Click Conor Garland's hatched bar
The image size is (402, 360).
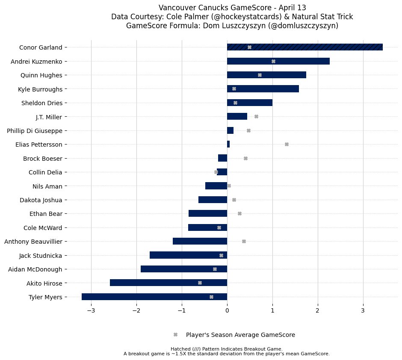pos(304,47)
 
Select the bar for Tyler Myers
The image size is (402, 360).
pos(154,297)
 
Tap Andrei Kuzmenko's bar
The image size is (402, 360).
pos(278,61)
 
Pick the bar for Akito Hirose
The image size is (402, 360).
pos(168,283)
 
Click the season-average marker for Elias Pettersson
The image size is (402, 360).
pos(287,144)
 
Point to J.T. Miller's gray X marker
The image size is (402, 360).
pos(256,116)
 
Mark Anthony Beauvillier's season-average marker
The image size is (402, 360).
pos(244,241)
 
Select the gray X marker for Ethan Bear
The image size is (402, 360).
pos(239,213)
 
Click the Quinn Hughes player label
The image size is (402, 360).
pos(41,75)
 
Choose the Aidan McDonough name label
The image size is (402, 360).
pos(35,269)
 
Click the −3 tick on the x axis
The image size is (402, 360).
pos(91,310)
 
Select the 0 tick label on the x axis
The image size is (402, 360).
pos(227,310)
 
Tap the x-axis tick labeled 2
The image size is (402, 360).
pos(318,310)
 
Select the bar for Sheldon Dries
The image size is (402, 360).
pos(250,103)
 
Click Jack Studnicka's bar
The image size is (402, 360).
pos(188,255)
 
